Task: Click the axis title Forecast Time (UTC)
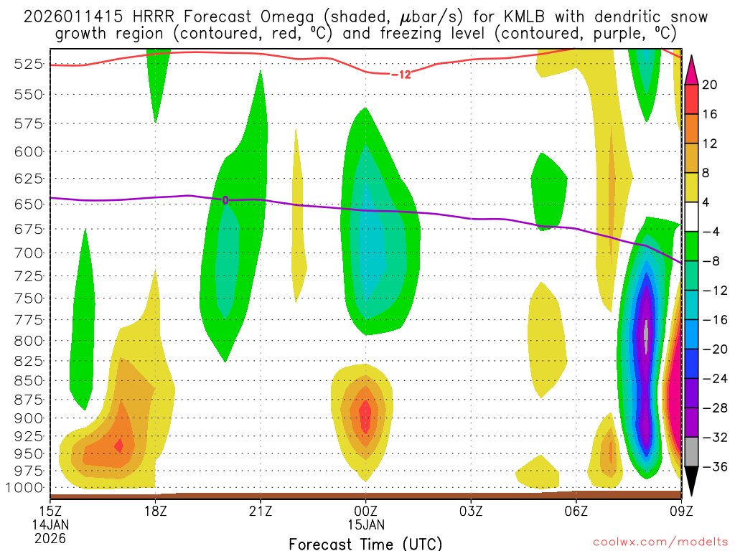[x=365, y=543]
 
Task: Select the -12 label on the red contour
[x=401, y=74]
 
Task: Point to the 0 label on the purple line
[x=225, y=200]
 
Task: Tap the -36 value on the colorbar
[x=708, y=467]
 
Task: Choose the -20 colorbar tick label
[x=708, y=349]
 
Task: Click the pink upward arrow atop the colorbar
[x=692, y=69]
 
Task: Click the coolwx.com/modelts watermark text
[x=660, y=542]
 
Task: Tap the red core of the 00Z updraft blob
[x=365, y=415]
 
